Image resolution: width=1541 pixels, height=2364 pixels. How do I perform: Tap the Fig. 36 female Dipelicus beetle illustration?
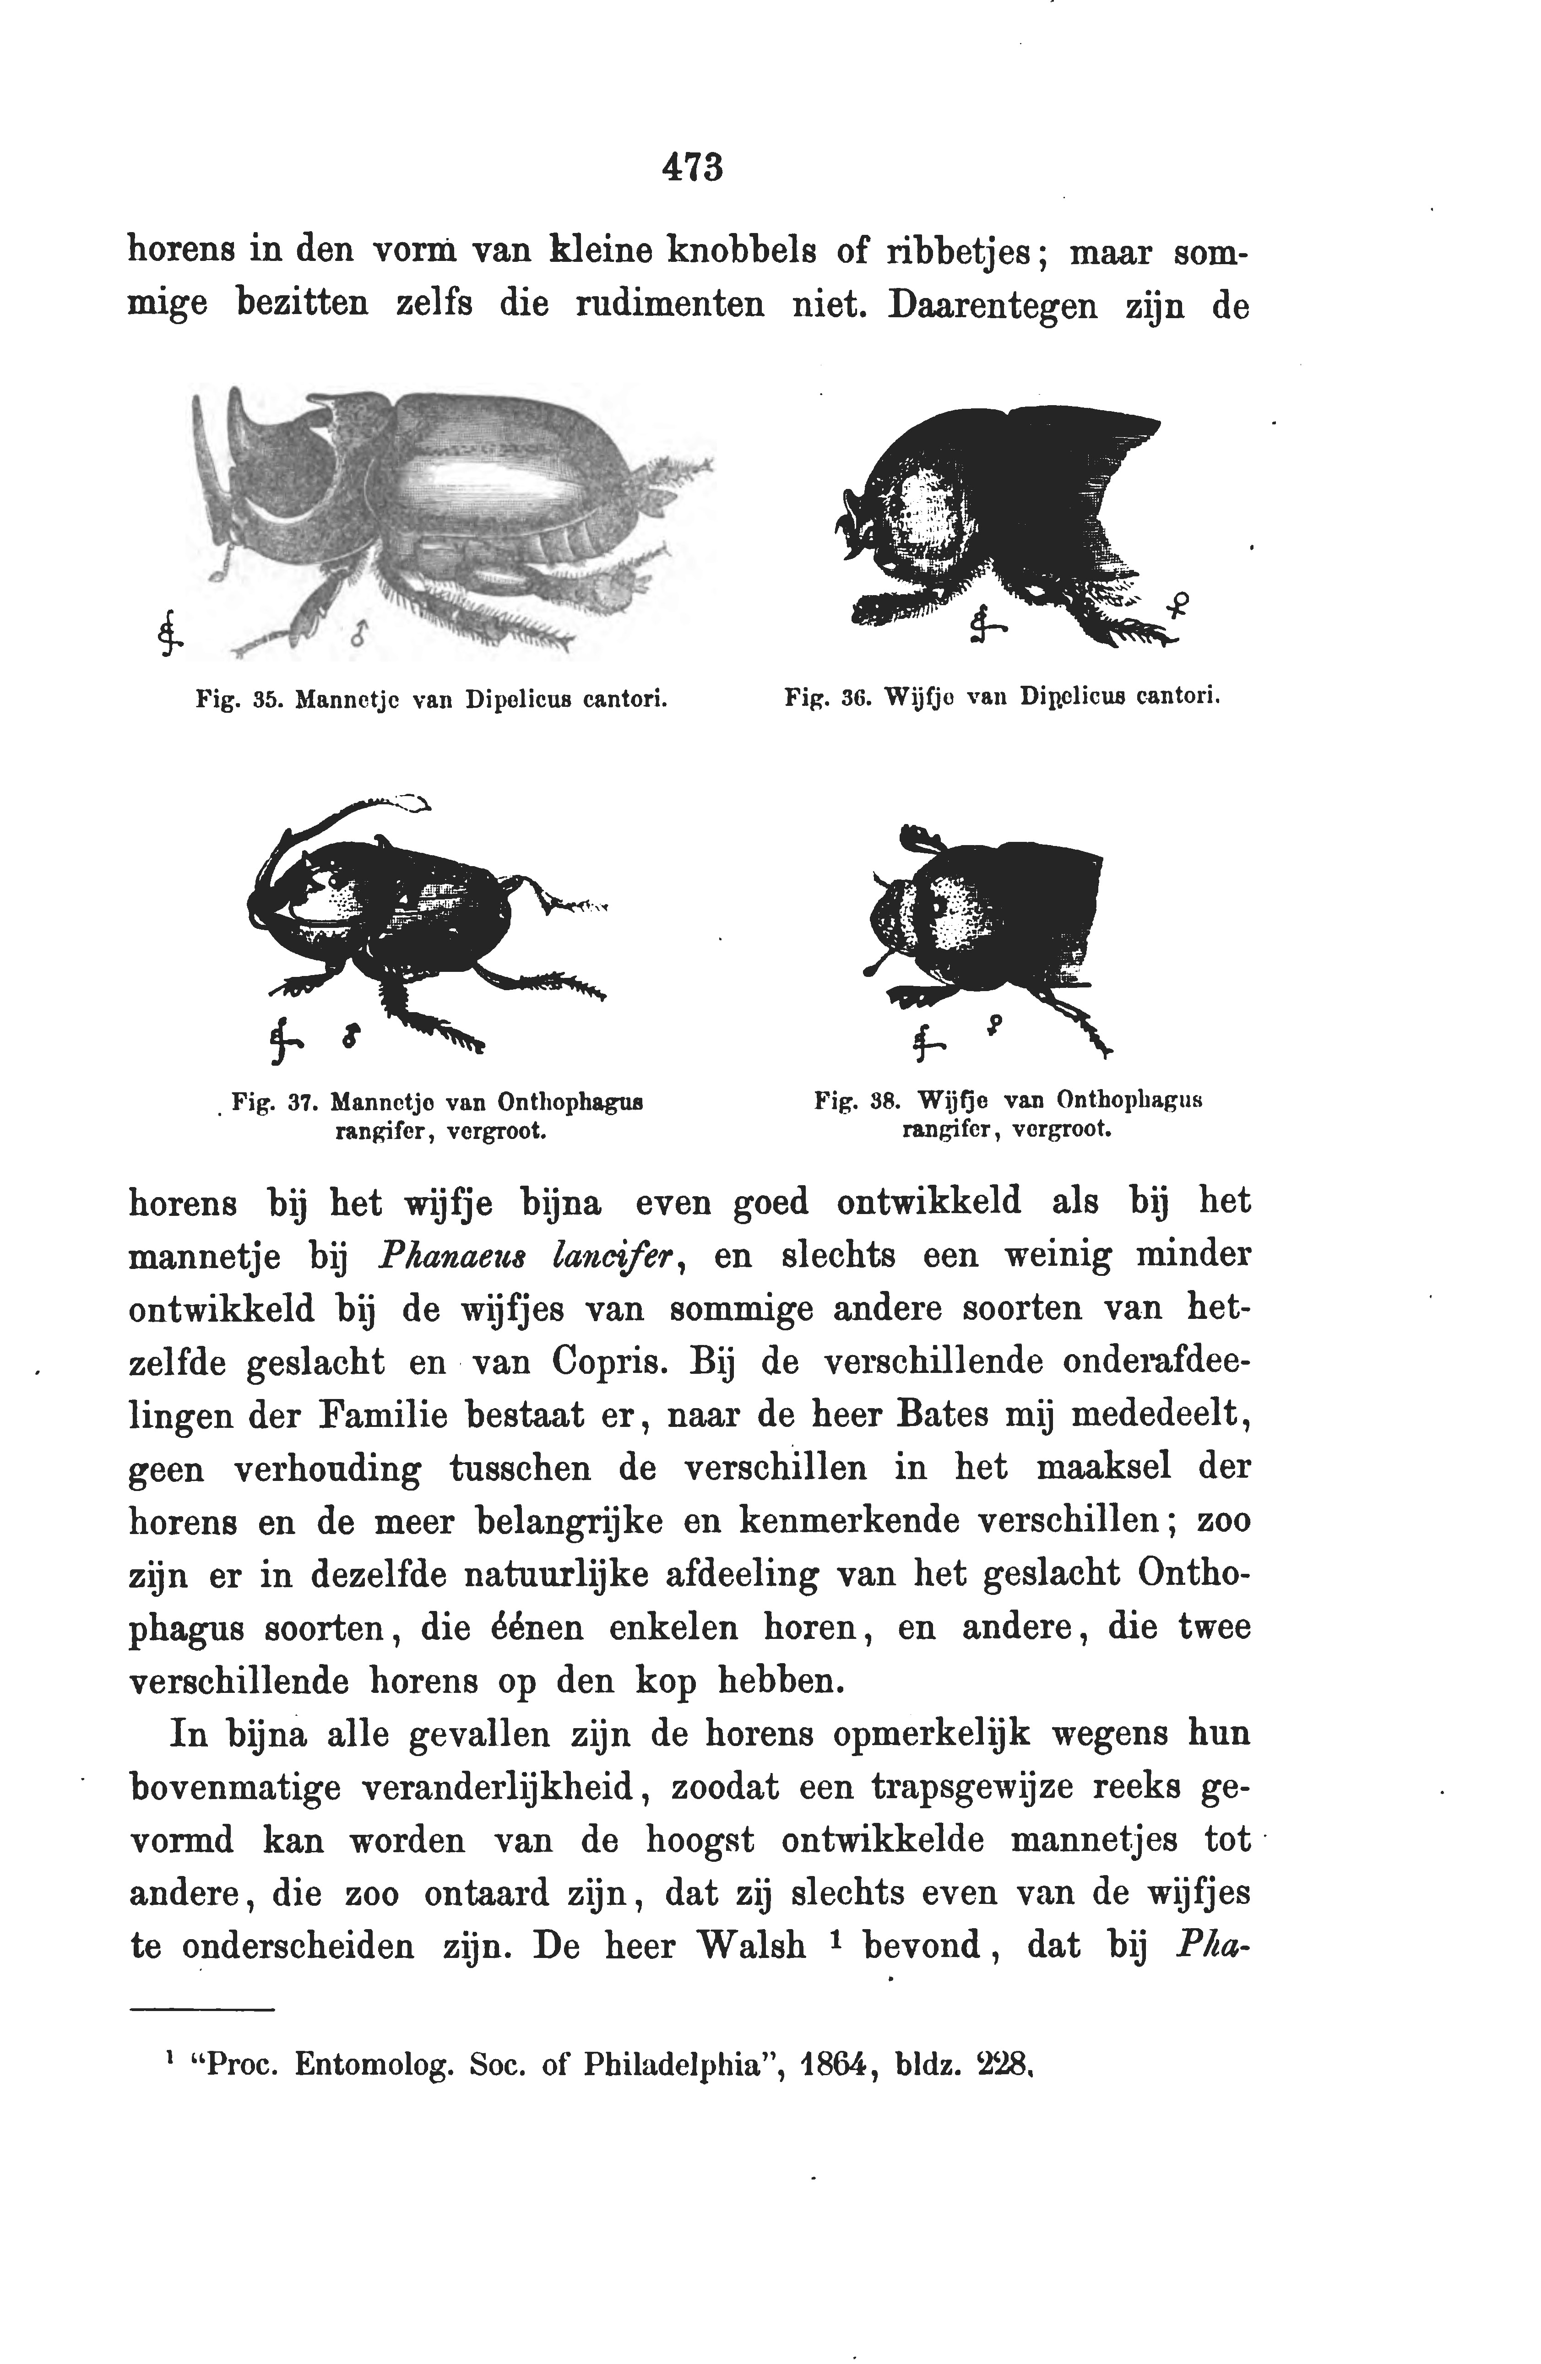pyautogui.click(x=1004, y=516)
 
